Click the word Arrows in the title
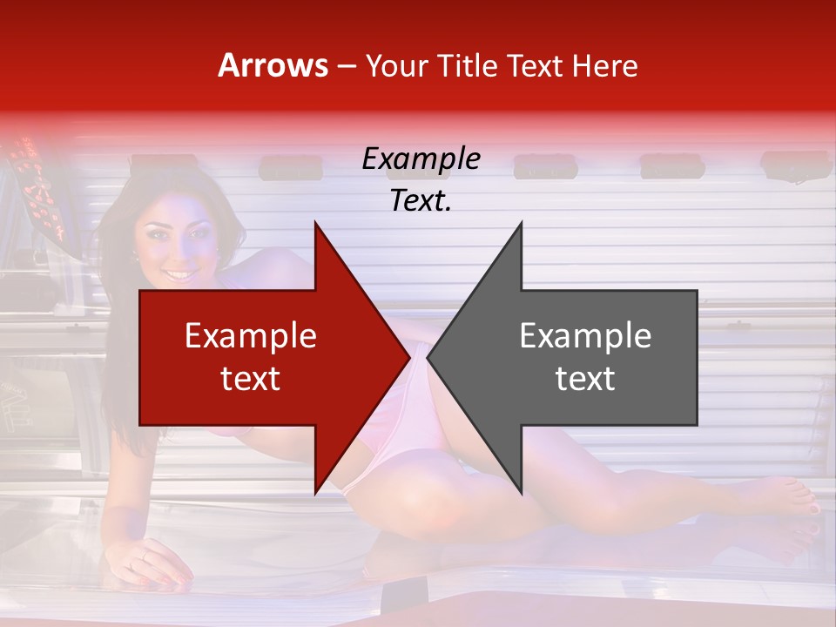click(x=273, y=65)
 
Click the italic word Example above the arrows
click(x=421, y=159)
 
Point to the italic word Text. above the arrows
click(x=421, y=201)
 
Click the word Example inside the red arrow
click(x=251, y=335)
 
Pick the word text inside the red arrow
click(x=251, y=378)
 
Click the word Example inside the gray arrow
click(x=585, y=335)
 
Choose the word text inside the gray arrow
click(x=585, y=378)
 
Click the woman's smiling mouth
click(x=180, y=275)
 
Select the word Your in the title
click(x=396, y=65)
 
